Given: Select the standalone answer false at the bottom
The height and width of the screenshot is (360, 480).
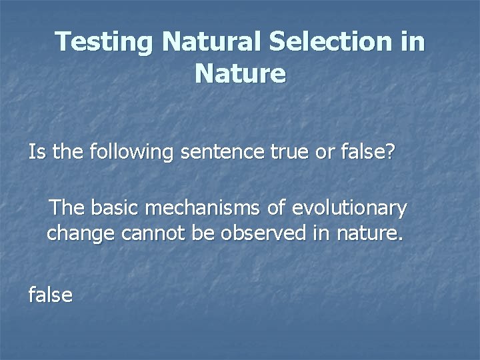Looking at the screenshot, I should (x=50, y=294).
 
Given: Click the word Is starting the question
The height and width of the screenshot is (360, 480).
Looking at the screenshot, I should (x=36, y=153).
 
